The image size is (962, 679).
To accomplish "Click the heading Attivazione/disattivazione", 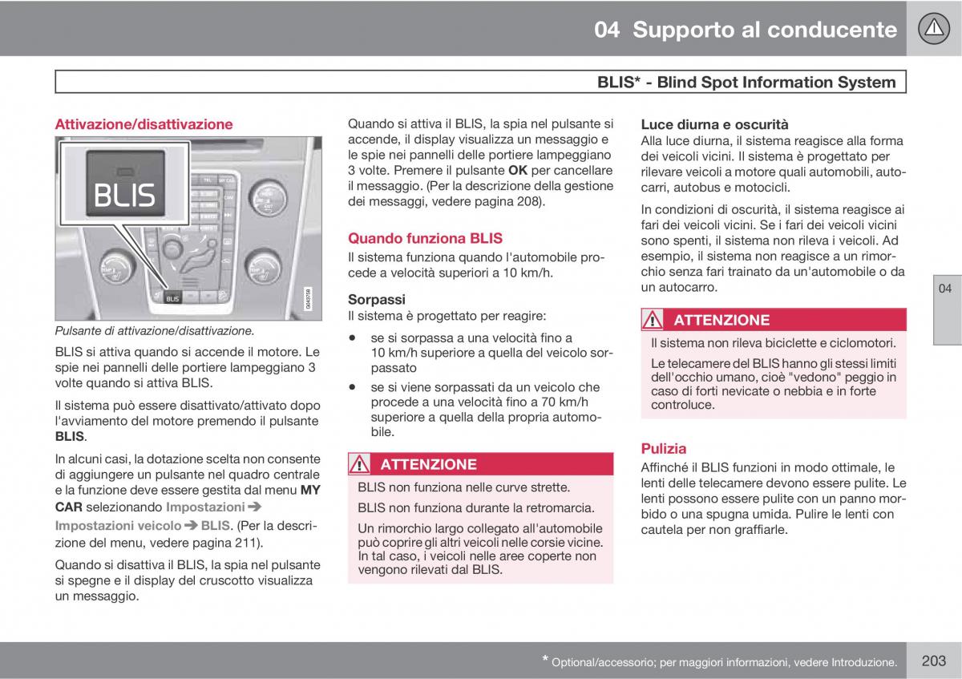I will click(143, 124).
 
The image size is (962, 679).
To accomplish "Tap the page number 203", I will click(934, 661).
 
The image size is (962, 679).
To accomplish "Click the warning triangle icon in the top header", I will click(932, 30).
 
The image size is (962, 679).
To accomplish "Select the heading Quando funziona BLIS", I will click(425, 238).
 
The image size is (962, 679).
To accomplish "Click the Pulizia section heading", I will click(663, 448).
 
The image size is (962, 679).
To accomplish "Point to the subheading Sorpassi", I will click(377, 299).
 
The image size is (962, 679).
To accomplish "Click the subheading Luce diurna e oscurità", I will click(714, 124).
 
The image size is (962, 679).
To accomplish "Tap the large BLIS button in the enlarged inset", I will click(123, 192).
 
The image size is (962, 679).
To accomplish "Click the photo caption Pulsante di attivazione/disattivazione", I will click(155, 330).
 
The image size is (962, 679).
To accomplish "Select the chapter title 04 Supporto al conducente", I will click(746, 30).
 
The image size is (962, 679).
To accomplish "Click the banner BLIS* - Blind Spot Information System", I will click(746, 82).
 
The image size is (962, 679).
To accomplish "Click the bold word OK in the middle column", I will click(518, 171).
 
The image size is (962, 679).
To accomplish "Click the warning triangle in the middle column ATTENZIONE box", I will click(360, 464).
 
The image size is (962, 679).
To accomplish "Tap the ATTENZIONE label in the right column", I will click(721, 320).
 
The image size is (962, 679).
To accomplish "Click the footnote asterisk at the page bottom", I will click(546, 660).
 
